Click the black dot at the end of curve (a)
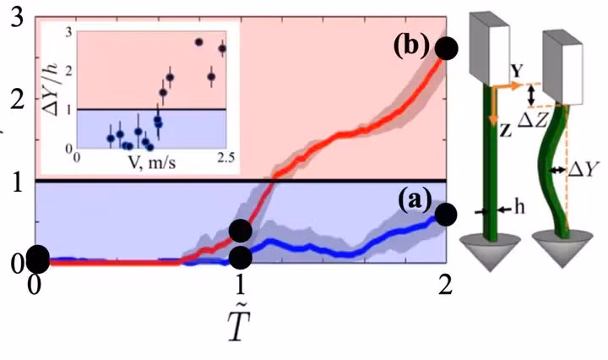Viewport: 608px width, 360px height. pyautogui.click(x=447, y=214)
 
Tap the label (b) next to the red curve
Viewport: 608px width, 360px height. pyautogui.click(x=410, y=46)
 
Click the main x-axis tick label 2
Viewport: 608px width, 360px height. pyautogui.click(x=445, y=285)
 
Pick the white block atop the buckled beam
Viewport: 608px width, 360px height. pyautogui.click(x=561, y=58)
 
